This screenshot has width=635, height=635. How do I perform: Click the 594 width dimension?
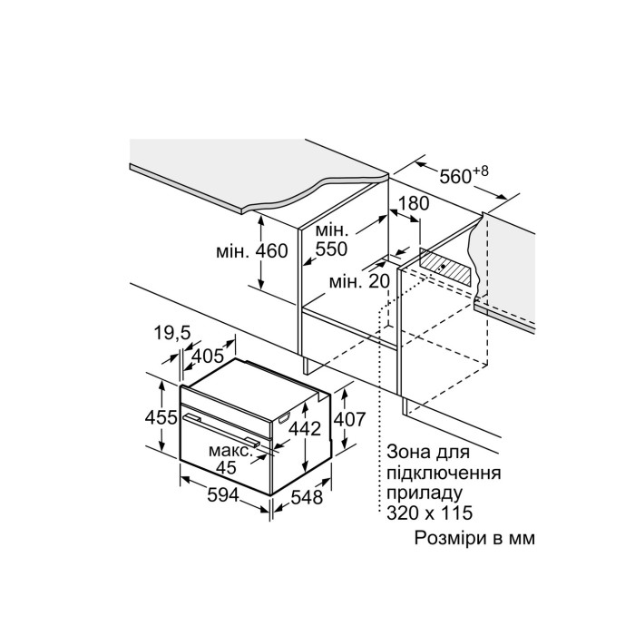click(x=223, y=494)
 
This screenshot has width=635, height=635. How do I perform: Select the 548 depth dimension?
click(x=307, y=497)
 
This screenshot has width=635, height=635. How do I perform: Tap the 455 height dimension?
click(x=161, y=417)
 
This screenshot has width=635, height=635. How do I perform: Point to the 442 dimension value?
click(x=305, y=428)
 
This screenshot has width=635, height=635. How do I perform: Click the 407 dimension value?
click(x=349, y=419)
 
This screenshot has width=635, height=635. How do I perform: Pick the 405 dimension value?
click(x=208, y=356)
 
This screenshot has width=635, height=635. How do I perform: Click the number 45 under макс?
click(x=226, y=468)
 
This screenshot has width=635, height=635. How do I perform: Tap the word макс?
click(x=230, y=450)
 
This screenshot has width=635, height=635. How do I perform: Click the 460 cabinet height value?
click(x=272, y=251)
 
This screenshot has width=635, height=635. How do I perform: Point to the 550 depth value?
click(x=331, y=249)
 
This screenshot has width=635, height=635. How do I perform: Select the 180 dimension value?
click(x=413, y=204)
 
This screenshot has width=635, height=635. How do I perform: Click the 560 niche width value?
click(x=455, y=177)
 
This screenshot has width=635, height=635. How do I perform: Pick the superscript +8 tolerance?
click(x=481, y=171)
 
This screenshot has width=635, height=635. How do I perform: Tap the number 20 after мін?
click(x=379, y=281)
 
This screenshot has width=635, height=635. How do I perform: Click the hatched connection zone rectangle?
click(x=446, y=267)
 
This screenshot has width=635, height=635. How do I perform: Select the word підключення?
click(x=444, y=473)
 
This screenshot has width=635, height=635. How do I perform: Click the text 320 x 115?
click(x=430, y=513)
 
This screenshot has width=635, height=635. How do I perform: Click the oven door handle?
click(x=222, y=429)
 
